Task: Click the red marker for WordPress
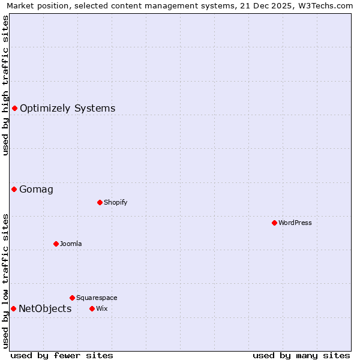[x=274, y=223]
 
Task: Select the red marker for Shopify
[x=100, y=202]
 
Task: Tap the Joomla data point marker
[x=56, y=244]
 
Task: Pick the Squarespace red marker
[x=72, y=298]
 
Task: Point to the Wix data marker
[x=92, y=308]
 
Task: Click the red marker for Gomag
[x=14, y=190]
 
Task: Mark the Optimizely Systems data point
[x=14, y=108]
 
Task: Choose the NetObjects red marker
[x=13, y=308]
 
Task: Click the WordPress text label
[x=295, y=223]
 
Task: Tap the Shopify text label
[x=116, y=202]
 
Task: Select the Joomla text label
[x=71, y=244]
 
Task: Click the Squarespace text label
[x=97, y=298]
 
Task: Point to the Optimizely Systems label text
[x=67, y=109]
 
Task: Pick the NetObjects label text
[x=45, y=309]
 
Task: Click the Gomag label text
[x=36, y=190]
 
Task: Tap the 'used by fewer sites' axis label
[x=62, y=355]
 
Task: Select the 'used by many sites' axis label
[x=301, y=355]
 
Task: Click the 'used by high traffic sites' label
[x=5, y=85]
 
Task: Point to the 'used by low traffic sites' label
[x=5, y=281]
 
